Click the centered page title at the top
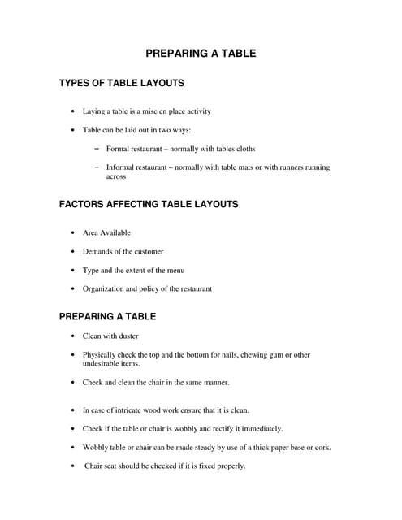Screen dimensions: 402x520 click(x=201, y=54)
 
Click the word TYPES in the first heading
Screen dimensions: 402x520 click(x=76, y=83)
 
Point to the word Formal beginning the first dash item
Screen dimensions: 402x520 click(x=119, y=149)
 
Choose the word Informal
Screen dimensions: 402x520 click(x=121, y=167)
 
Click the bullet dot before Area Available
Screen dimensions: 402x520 click(x=73, y=233)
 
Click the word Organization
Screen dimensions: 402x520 click(x=106, y=288)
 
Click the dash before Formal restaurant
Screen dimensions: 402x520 click(x=97, y=148)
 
